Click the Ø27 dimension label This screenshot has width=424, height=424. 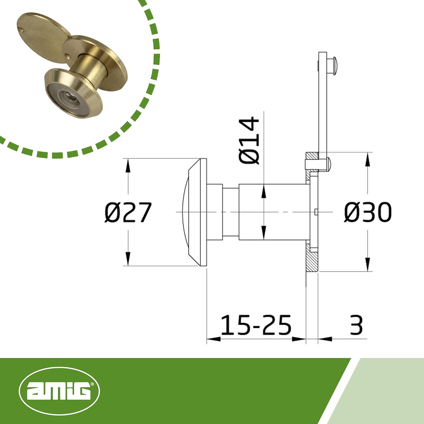128,212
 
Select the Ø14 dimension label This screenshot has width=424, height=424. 249,140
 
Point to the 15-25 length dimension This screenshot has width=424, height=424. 256,325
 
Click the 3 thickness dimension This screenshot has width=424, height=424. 356,325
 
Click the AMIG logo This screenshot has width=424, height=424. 59,391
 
